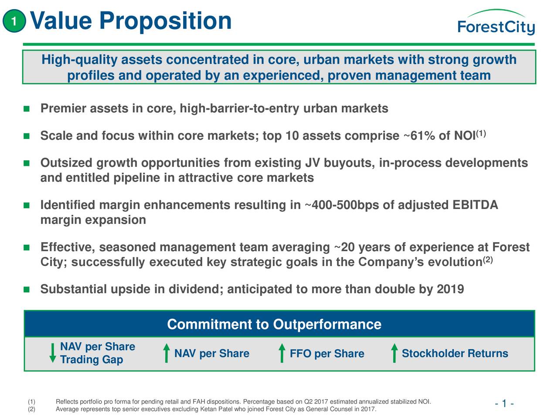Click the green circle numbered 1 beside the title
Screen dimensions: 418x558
click(14, 21)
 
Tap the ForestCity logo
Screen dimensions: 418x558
click(496, 24)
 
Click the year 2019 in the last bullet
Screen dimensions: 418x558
click(450, 290)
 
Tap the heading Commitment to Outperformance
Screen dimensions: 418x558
click(274, 324)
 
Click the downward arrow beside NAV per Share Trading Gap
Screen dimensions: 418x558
click(53, 353)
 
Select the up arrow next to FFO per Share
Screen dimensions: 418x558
click(282, 353)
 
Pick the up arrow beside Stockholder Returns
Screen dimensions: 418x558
click(394, 353)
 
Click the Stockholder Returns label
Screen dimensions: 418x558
click(455, 354)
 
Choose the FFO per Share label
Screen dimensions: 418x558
click(327, 354)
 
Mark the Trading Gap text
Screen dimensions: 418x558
click(92, 360)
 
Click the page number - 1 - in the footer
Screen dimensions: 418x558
click(504, 405)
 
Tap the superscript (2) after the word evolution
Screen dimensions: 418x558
click(487, 260)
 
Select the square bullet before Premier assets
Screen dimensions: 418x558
click(27, 109)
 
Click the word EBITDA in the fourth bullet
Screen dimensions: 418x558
click(475, 205)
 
